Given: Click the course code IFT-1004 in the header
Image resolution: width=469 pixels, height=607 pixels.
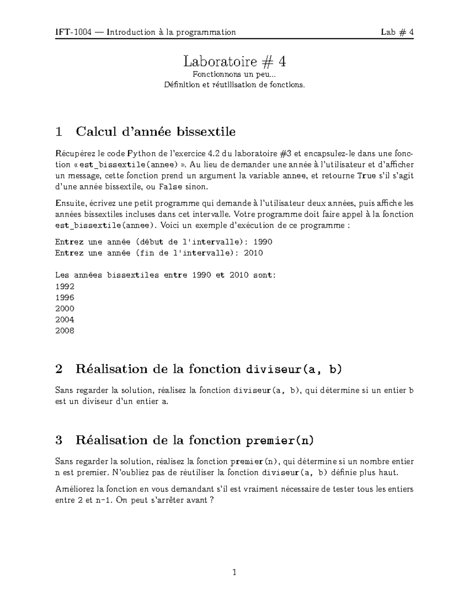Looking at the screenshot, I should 73,32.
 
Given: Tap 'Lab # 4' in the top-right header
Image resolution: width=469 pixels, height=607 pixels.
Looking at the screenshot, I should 397,32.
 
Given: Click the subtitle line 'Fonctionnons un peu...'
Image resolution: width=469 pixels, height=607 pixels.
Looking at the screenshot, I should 234,74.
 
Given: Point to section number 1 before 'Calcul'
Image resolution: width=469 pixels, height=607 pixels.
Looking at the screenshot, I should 59,132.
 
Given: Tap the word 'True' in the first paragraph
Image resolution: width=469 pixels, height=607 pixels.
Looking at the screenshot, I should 366,176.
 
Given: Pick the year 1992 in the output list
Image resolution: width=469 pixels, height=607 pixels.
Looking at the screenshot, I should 65,286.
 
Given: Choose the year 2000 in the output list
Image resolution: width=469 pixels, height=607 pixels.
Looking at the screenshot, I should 65,308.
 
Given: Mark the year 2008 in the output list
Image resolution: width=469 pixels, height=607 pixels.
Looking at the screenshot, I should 65,331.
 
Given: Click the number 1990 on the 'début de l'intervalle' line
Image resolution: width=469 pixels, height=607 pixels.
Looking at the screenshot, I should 263,242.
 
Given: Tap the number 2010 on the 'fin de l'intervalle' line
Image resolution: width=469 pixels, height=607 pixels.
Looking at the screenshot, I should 253,253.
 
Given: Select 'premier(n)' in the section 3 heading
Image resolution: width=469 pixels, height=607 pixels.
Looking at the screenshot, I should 279,441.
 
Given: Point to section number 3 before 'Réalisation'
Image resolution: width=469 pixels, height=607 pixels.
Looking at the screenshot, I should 59,441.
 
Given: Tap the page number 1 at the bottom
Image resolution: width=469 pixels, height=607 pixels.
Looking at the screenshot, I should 234,573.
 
